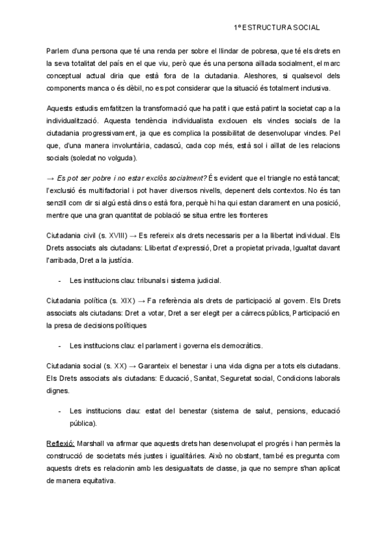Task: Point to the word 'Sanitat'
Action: pos(182,378)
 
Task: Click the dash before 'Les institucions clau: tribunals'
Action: pos(59,280)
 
